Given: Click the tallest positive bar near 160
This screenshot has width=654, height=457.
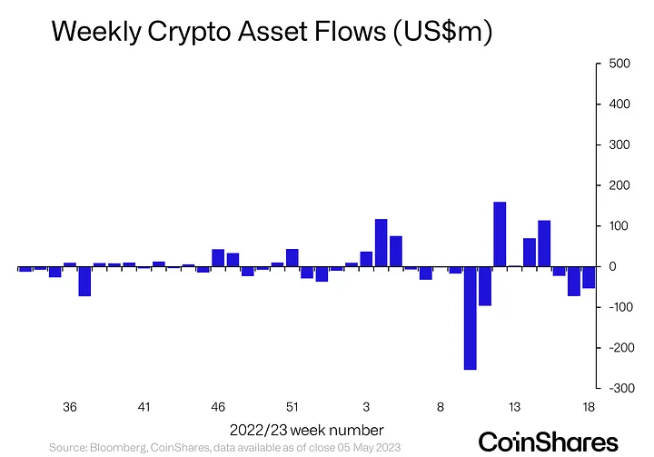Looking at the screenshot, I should [x=499, y=234].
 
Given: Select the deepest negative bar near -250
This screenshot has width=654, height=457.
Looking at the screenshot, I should [x=470, y=318].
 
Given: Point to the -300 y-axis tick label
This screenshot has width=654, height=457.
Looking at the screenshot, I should [x=610, y=388].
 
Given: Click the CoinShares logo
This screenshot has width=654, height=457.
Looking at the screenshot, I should [x=548, y=441].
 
